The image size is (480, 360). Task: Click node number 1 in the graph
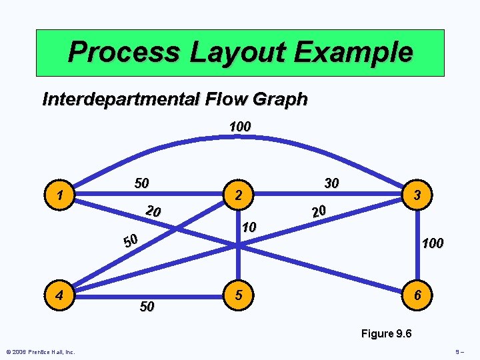61,196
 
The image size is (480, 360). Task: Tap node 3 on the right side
417,195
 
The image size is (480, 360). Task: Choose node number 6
417,294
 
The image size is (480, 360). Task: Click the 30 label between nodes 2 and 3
331,183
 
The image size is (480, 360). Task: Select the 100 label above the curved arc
239,126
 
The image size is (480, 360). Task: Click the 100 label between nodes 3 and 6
432,243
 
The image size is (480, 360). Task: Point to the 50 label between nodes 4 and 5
147,306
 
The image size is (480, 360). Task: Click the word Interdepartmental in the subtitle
119,100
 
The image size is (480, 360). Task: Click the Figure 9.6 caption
386,333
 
